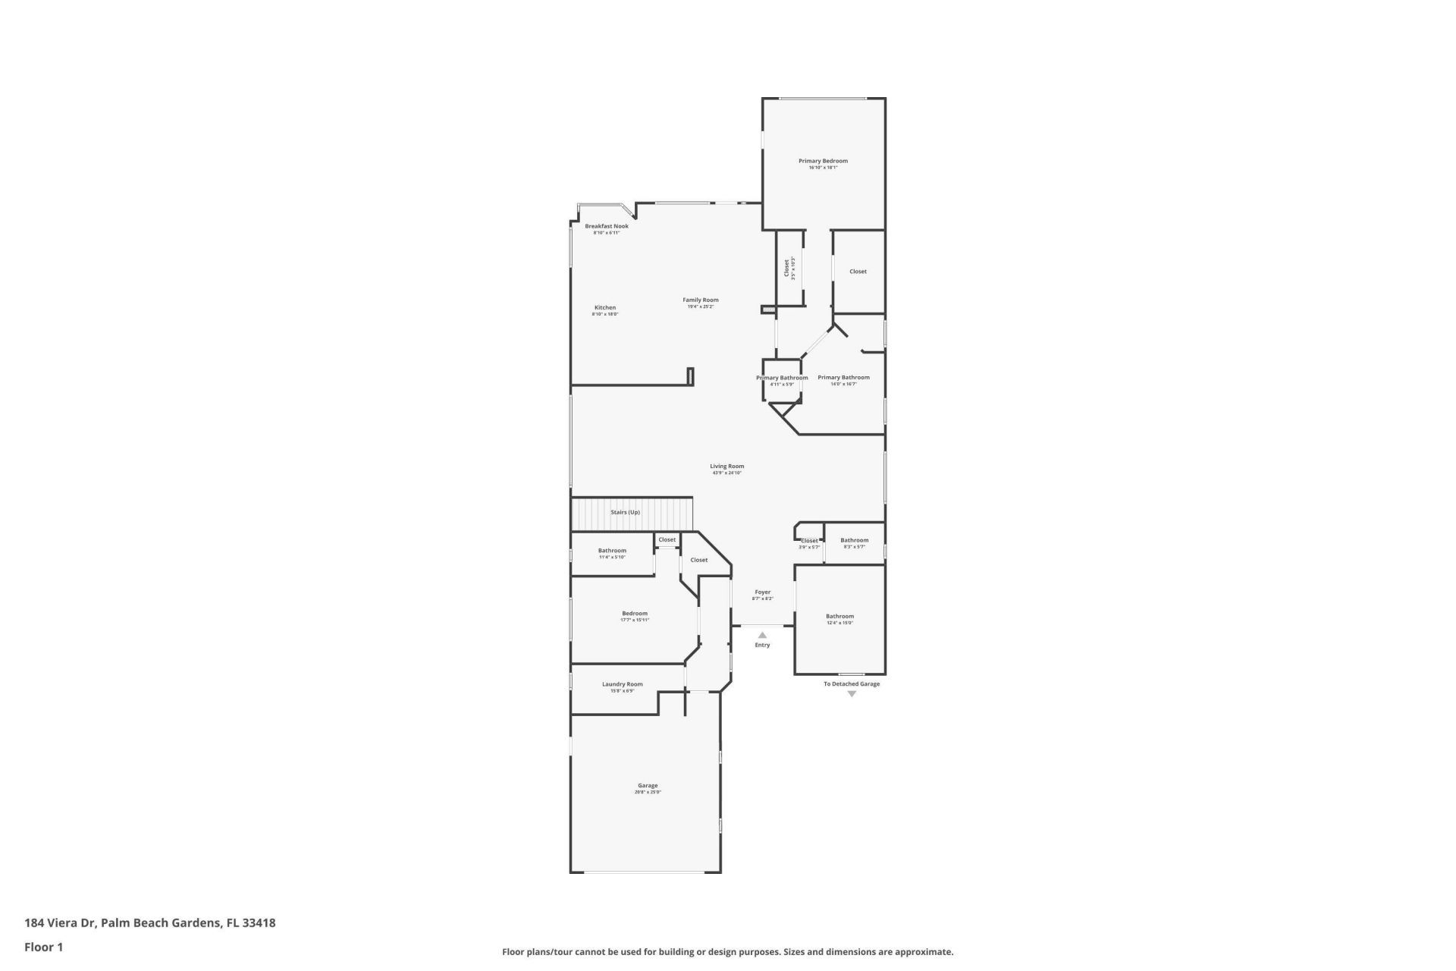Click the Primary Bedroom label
[823, 161]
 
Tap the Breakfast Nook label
[606, 226]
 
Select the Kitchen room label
[604, 307]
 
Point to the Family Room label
[700, 300]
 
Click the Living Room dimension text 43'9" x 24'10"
[726, 473]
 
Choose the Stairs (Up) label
[625, 512]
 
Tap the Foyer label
[762, 592]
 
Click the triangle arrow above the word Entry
[762, 635]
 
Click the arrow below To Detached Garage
[852, 694]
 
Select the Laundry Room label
[622, 684]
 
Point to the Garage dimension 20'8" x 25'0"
[648, 792]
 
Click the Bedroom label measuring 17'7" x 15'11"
[635, 613]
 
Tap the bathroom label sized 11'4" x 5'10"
[612, 551]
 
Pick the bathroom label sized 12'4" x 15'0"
[839, 616]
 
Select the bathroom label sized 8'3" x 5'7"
[854, 540]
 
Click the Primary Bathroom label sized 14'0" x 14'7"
[843, 377]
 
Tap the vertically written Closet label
[786, 269]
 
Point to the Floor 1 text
[44, 947]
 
